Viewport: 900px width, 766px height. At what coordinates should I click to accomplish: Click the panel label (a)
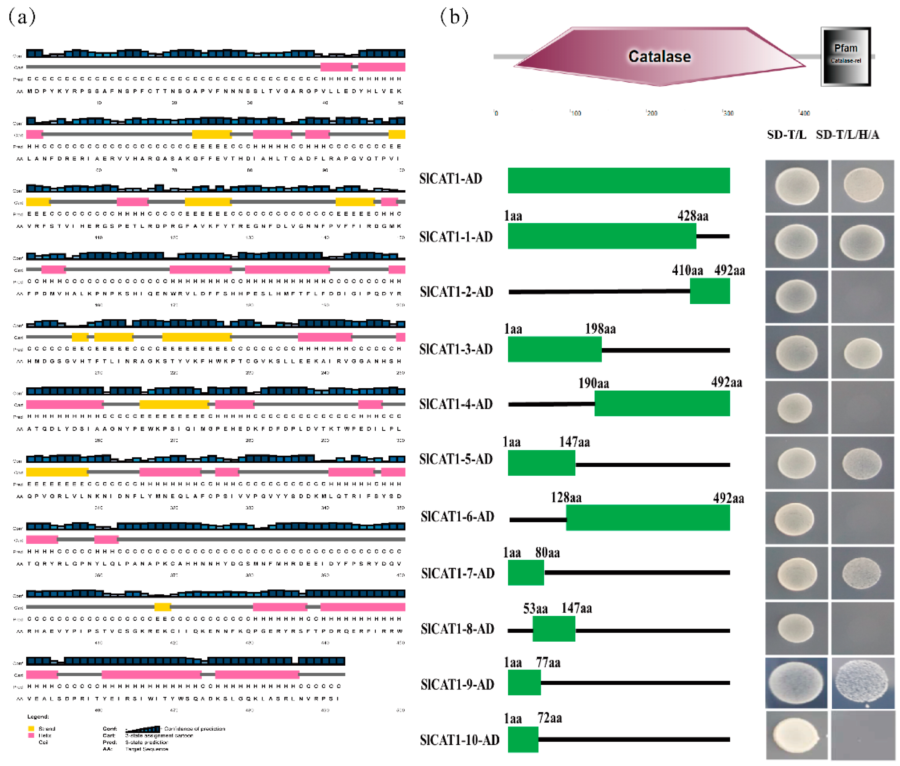22,17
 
